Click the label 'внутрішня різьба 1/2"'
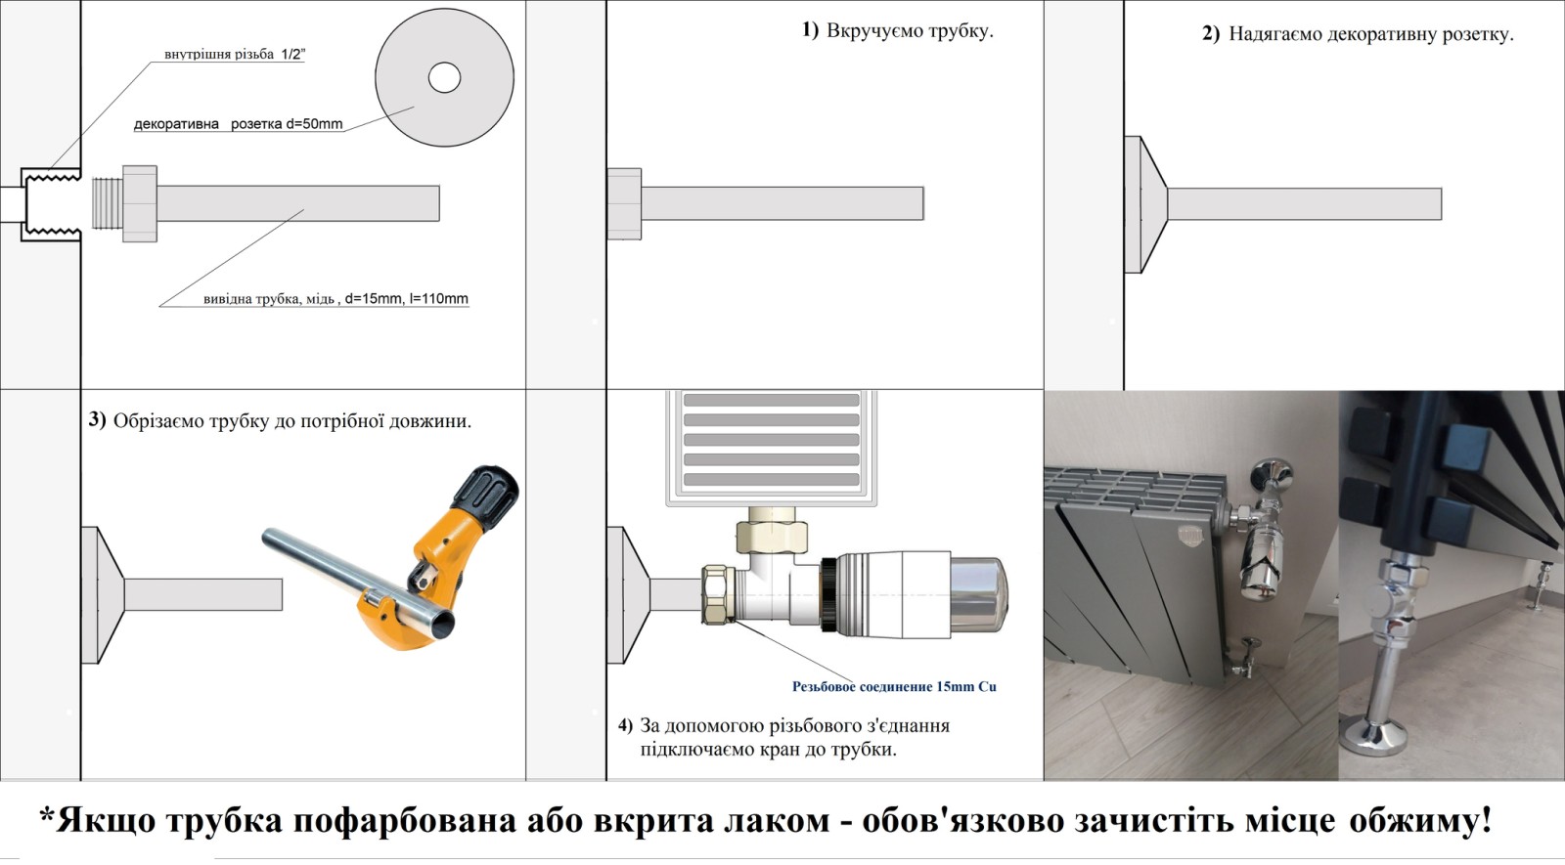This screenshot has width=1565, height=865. coord(235,55)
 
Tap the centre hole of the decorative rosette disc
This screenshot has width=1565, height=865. coord(444,77)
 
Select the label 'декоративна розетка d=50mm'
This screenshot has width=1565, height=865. coord(239,124)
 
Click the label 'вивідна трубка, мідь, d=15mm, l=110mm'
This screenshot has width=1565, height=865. coord(335,299)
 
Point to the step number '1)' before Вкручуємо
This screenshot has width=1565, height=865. coord(810,30)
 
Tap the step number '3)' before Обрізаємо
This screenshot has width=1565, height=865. coord(97,419)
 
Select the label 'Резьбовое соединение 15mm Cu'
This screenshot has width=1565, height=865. coord(894,686)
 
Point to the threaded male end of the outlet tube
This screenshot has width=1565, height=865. coord(107,203)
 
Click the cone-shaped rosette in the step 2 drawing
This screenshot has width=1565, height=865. coord(1145,204)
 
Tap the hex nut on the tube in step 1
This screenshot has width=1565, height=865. coord(625,204)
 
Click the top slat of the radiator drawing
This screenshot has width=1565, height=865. coord(771,400)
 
